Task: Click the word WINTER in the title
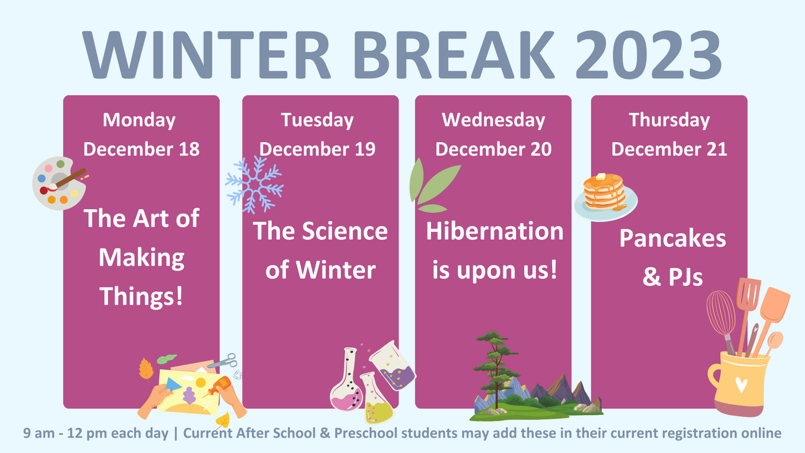pyautogui.click(x=207, y=56)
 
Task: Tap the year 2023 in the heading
pyautogui.click(x=648, y=56)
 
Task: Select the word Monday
pyautogui.click(x=139, y=120)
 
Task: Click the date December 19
pyautogui.click(x=317, y=149)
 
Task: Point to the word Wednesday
pyautogui.click(x=493, y=120)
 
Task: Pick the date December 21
pyautogui.click(x=669, y=149)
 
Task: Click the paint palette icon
pyautogui.click(x=58, y=183)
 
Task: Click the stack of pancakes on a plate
pyautogui.click(x=605, y=194)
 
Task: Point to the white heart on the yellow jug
pyautogui.click(x=741, y=385)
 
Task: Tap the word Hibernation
pyautogui.click(x=494, y=231)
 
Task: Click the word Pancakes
pyautogui.click(x=672, y=238)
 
